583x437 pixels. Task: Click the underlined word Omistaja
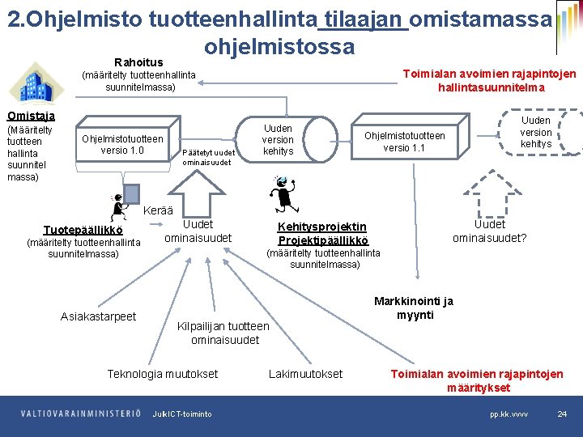click(31, 116)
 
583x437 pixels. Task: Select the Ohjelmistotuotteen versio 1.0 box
click(122, 144)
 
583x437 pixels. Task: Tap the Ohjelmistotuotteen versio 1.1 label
click(404, 142)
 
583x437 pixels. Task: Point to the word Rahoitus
click(138, 62)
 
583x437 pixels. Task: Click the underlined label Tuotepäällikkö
click(83, 230)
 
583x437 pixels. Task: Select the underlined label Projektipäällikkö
click(322, 240)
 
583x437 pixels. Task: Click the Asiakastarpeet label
click(99, 316)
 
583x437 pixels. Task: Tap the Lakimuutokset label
click(305, 374)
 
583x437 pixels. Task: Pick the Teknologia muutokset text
click(163, 374)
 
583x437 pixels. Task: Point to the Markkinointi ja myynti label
click(414, 308)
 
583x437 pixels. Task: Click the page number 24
click(561, 414)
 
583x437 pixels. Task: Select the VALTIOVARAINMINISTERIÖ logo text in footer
click(81, 414)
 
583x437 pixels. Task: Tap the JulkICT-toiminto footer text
click(182, 414)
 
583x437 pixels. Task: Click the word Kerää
click(158, 211)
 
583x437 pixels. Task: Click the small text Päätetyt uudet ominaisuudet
click(209, 157)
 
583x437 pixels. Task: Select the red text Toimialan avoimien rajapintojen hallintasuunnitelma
click(490, 81)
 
